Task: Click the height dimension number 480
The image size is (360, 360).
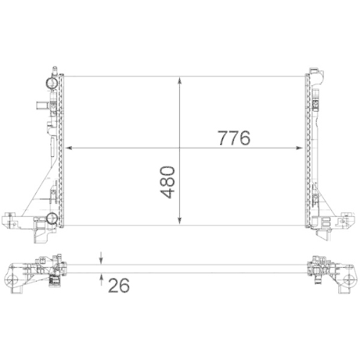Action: click(x=168, y=184)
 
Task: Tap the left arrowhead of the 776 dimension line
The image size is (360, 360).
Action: click(x=70, y=148)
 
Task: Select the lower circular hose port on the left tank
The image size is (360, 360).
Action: click(x=52, y=219)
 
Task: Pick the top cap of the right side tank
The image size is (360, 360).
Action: click(x=315, y=71)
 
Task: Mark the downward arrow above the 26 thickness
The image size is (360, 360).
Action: click(x=101, y=258)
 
